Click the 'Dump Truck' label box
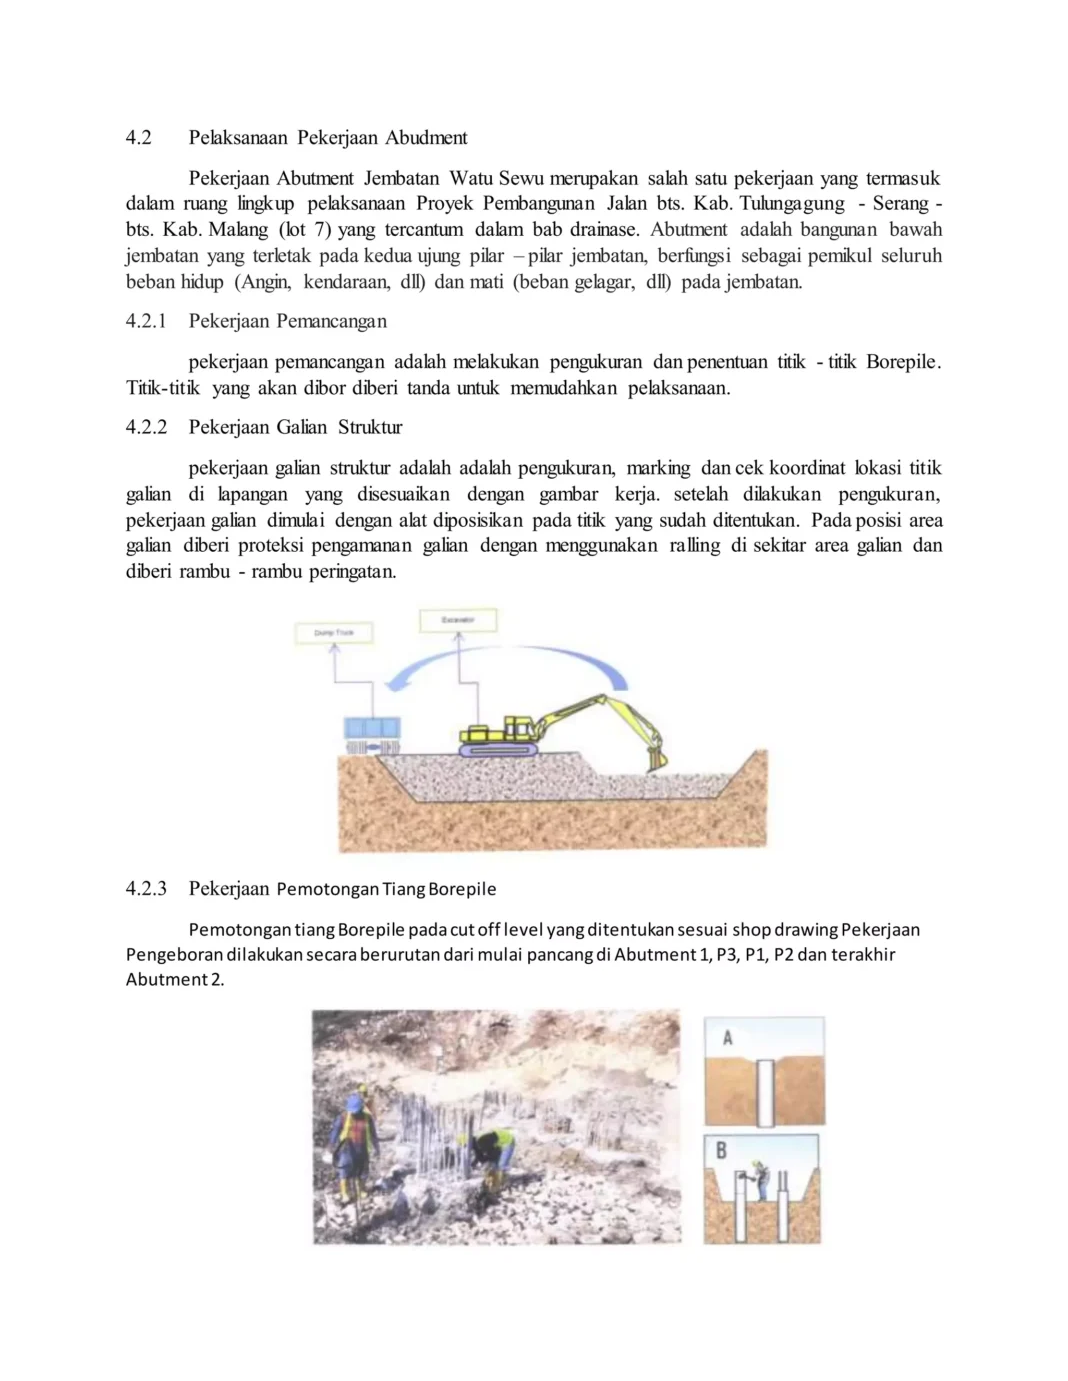(334, 633)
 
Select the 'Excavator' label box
(458, 620)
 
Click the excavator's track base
(498, 747)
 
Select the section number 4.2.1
(146, 321)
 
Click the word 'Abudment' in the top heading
(426, 137)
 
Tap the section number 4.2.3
(146, 888)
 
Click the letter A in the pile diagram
(727, 1038)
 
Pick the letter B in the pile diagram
(721, 1151)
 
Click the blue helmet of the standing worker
(355, 1102)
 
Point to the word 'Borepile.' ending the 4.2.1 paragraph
(903, 362)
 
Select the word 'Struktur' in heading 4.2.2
(370, 427)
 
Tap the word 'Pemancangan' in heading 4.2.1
(331, 321)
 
